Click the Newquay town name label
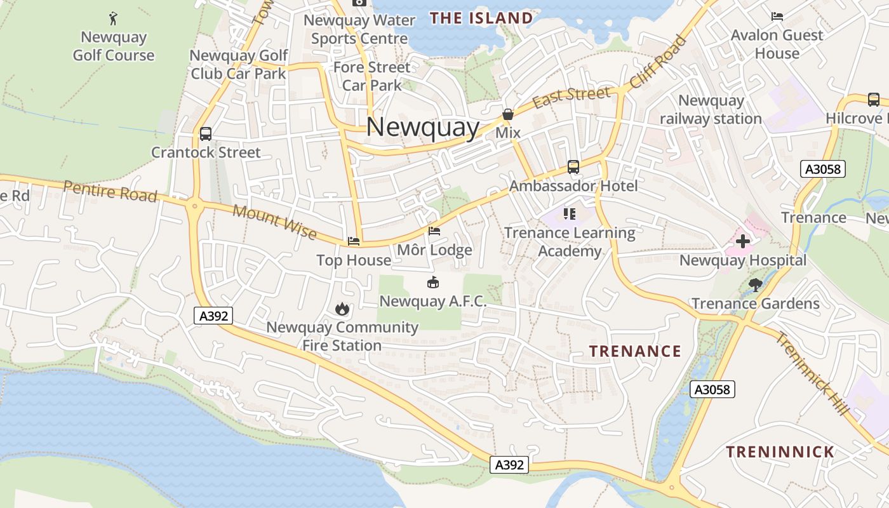tap(422, 127)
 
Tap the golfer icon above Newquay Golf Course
tap(113, 18)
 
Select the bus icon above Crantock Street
tap(205, 134)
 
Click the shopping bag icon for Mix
tap(508, 114)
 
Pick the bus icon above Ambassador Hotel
tap(573, 167)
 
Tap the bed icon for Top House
tap(354, 241)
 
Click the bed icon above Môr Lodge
tap(434, 231)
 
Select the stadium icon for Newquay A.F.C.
tap(433, 283)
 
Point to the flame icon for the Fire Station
tap(342, 309)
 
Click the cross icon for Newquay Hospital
tap(742, 241)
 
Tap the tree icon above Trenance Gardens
tap(755, 284)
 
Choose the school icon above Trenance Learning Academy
tap(570, 214)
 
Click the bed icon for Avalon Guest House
tap(777, 16)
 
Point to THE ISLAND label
tap(481, 18)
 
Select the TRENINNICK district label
tap(780, 452)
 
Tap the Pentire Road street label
tap(110, 190)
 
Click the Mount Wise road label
tap(274, 222)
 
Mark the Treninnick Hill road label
tap(812, 374)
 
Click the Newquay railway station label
tap(711, 109)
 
